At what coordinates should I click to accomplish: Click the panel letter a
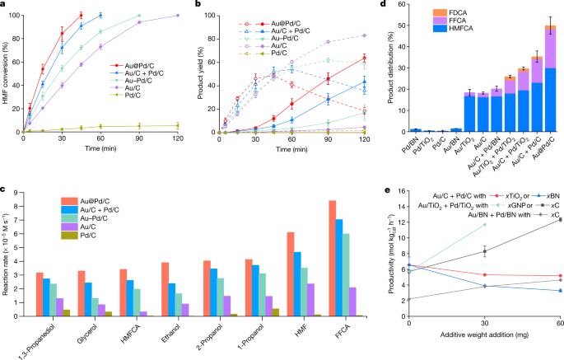click(4, 6)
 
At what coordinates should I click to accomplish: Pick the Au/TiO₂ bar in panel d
click(469, 113)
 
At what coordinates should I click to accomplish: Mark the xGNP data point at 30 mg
click(483, 224)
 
